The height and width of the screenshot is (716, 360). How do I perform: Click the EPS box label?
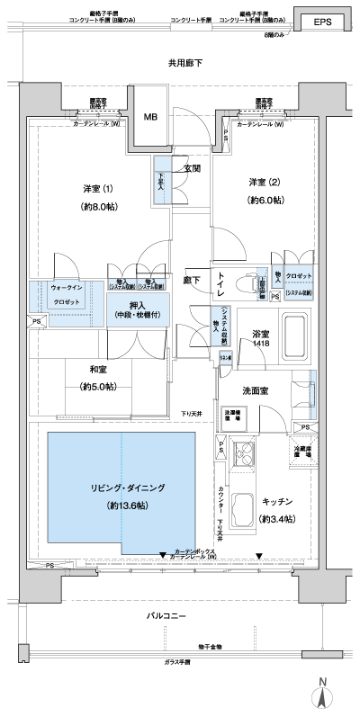click(321, 23)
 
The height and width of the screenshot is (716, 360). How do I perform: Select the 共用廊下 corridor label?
click(184, 63)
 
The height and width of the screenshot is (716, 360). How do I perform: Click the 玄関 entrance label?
click(192, 168)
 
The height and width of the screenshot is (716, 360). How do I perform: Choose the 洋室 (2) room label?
click(265, 183)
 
